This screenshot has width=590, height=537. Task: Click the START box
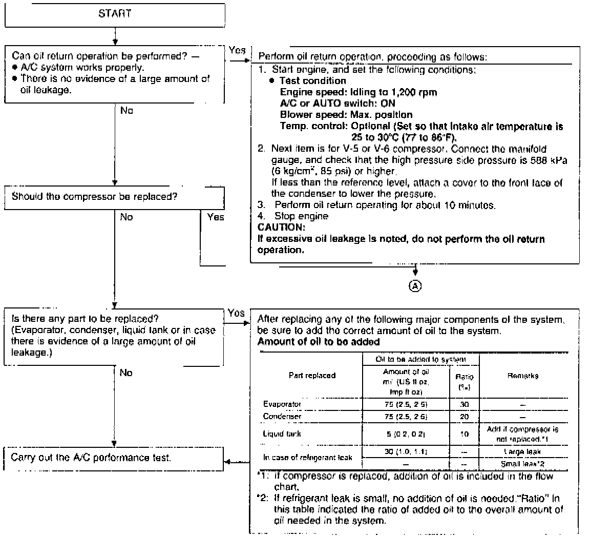pyautogui.click(x=115, y=14)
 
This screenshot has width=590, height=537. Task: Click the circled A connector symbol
pyautogui.click(x=416, y=286)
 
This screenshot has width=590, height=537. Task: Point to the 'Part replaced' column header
pyautogui.click(x=312, y=376)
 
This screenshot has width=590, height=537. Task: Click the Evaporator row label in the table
pyautogui.click(x=282, y=404)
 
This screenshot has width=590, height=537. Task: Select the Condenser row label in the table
pyautogui.click(x=282, y=416)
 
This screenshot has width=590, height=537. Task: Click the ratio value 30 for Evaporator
pyautogui.click(x=465, y=404)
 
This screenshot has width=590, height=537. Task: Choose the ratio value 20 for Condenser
pyautogui.click(x=465, y=416)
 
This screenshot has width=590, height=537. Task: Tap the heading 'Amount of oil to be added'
pyautogui.click(x=318, y=342)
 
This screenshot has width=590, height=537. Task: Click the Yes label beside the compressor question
pyautogui.click(x=216, y=217)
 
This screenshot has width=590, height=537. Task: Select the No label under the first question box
pyautogui.click(x=127, y=110)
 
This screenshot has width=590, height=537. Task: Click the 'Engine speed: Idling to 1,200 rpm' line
pyautogui.click(x=359, y=92)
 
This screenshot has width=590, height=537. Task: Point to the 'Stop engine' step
pyautogui.click(x=301, y=216)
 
